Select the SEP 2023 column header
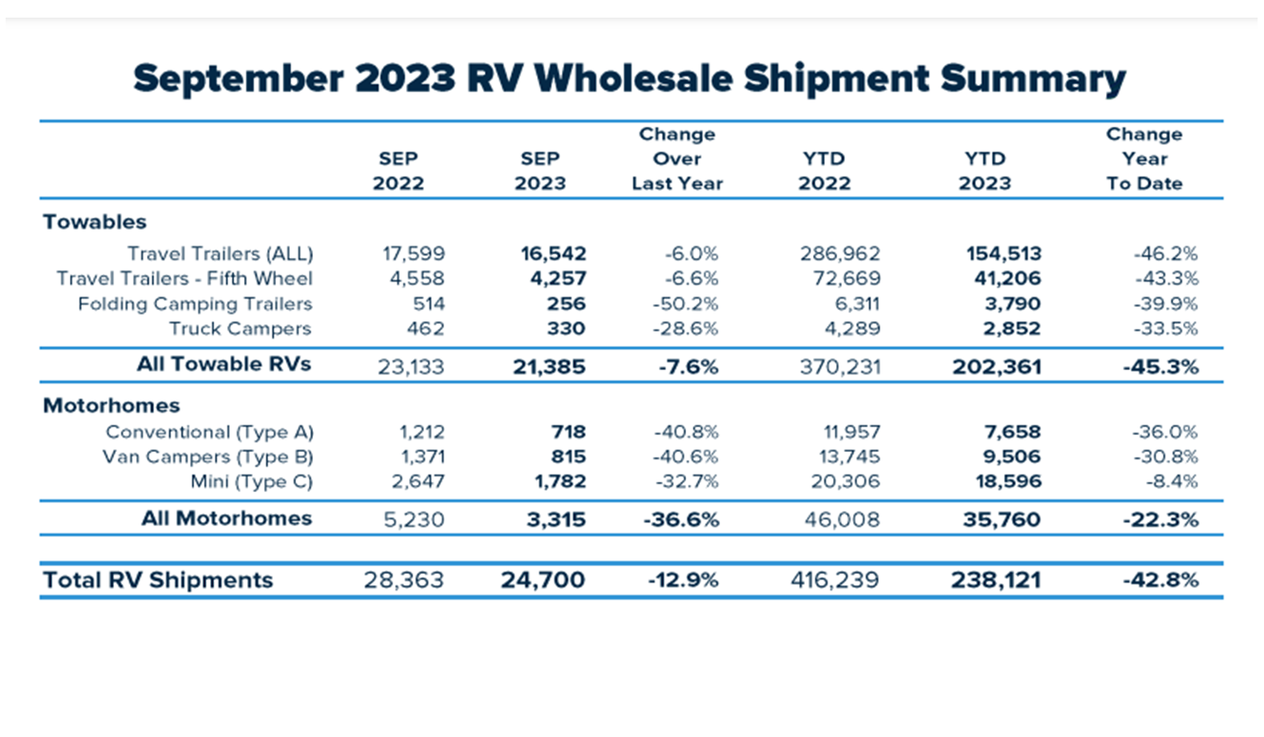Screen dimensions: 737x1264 coord(539,171)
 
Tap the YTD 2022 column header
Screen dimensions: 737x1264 coord(823,171)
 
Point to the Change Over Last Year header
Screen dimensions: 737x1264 coord(677,159)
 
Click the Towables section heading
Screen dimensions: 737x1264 coord(95,222)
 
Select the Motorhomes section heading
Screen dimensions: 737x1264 coord(111,405)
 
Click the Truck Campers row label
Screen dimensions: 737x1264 coord(239,328)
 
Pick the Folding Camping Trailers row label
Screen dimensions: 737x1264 coord(194,303)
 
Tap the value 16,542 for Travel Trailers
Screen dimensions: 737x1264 coord(553,254)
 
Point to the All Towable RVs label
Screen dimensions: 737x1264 coord(223,364)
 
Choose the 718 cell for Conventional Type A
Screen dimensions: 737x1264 coord(568,432)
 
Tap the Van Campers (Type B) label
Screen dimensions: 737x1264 coord(207,457)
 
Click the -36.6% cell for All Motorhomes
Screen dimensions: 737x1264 coord(681,519)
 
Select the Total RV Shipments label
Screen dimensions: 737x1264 coord(157,580)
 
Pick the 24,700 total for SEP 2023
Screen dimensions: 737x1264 coord(543,580)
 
